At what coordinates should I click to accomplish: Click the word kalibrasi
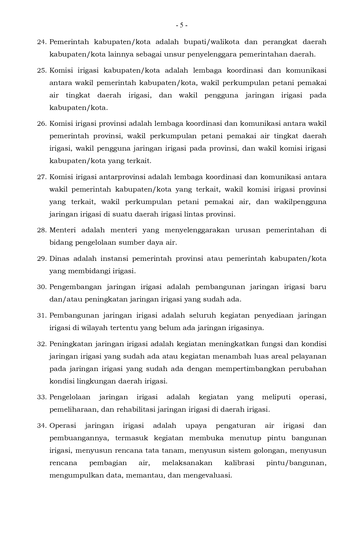click(239, 463)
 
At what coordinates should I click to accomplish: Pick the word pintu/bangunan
click(296, 463)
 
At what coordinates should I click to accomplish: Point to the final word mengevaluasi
click(207, 475)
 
